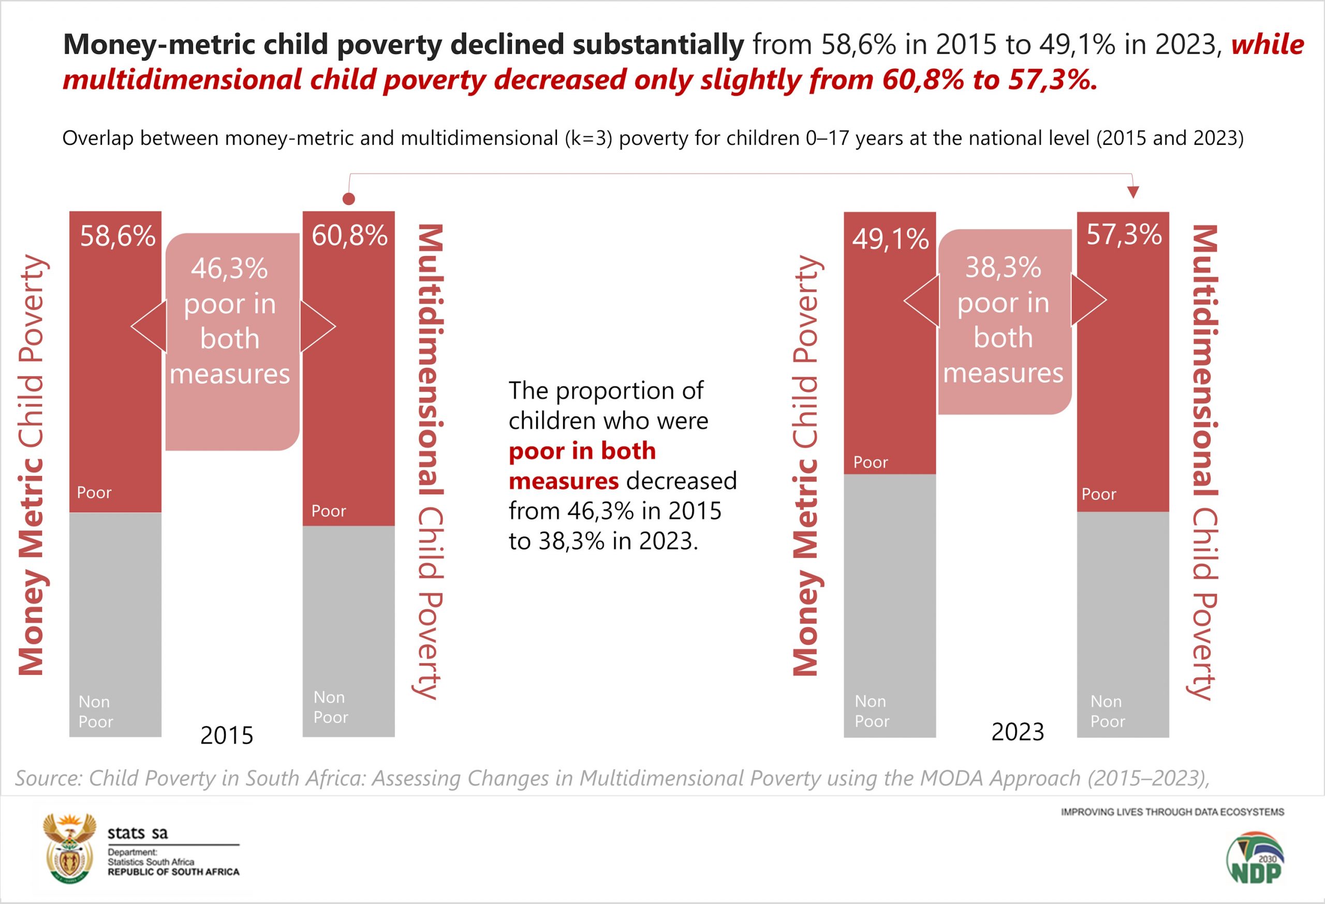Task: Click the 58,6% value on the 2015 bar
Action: (117, 236)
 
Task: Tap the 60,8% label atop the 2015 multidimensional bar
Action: (349, 235)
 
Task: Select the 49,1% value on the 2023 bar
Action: (891, 239)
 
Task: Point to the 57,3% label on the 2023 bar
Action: (1124, 234)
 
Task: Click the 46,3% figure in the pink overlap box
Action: (229, 269)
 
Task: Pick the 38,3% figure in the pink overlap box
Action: (1003, 268)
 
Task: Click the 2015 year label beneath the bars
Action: (226, 735)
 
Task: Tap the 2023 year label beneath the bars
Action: (1018, 732)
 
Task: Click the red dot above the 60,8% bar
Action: (349, 198)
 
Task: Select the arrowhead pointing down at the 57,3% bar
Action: (1133, 192)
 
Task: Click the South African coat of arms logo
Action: (69, 848)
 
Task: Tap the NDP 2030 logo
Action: (1255, 858)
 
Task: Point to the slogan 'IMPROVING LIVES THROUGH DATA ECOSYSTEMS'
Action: (1172, 812)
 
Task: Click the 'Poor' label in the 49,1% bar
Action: (871, 462)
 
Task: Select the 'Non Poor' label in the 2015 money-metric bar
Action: (95, 712)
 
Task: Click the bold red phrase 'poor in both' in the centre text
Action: (582, 451)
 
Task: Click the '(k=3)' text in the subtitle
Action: (588, 139)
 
